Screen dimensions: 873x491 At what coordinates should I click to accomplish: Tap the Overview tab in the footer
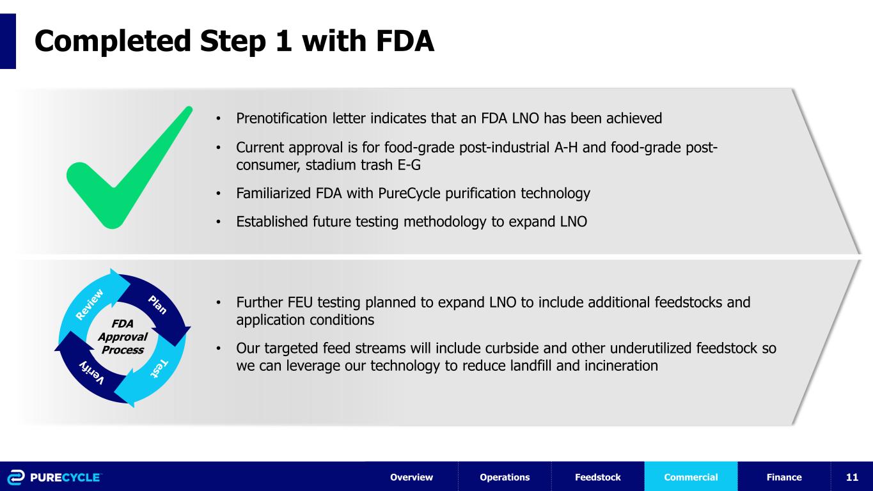(x=412, y=477)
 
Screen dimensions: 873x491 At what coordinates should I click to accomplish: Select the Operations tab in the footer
(x=505, y=477)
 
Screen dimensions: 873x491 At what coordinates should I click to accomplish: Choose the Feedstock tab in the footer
(x=598, y=477)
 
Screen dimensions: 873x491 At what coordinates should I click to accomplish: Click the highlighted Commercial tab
(x=691, y=477)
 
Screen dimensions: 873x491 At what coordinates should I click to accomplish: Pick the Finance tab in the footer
(x=784, y=477)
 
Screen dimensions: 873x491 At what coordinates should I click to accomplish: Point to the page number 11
(x=852, y=477)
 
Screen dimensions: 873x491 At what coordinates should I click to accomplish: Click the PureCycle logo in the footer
(x=54, y=477)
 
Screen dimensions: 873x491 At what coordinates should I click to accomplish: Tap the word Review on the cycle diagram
(x=90, y=304)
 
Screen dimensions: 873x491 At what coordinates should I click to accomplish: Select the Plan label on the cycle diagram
(x=157, y=305)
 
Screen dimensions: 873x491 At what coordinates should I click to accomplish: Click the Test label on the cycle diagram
(x=159, y=369)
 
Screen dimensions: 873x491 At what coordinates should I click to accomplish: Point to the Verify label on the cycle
(x=92, y=373)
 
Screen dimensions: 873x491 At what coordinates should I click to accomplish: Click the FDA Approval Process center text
(x=122, y=337)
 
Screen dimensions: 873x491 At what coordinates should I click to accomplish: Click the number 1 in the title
(x=283, y=40)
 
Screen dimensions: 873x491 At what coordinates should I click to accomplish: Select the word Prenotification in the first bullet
(x=281, y=118)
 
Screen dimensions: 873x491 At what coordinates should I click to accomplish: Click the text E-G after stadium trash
(x=409, y=165)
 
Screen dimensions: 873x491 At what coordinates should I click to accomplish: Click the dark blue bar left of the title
(x=8, y=42)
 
